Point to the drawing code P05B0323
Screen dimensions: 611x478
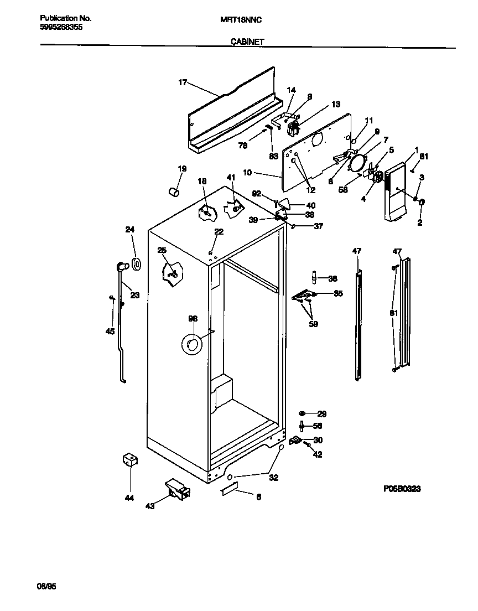402,489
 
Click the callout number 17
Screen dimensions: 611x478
182,83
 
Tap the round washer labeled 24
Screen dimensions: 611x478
136,265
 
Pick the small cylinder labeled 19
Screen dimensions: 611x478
174,191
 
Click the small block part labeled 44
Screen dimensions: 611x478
130,460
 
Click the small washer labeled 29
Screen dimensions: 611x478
303,413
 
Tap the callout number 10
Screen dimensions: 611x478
247,173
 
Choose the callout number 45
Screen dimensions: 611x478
110,331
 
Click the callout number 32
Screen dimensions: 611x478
273,478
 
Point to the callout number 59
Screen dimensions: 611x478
313,324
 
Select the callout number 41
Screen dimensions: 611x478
231,177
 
